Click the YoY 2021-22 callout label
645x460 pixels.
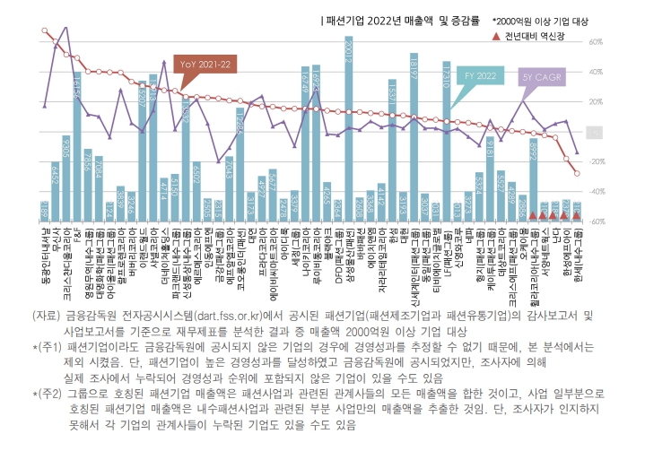[205, 65]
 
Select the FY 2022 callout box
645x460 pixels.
[481, 77]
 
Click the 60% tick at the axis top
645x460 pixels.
[594, 42]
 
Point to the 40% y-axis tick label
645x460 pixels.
[594, 72]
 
